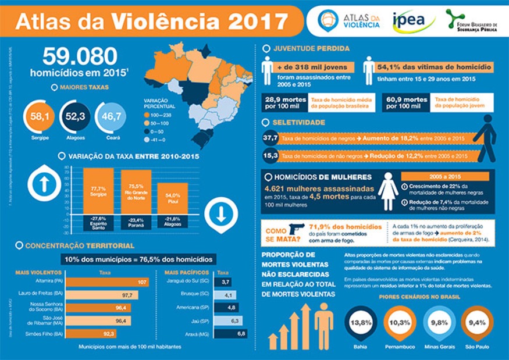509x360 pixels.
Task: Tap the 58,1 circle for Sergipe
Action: click(x=40, y=117)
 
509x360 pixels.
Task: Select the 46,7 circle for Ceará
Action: click(x=110, y=117)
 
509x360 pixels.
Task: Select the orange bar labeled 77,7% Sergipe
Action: click(x=98, y=191)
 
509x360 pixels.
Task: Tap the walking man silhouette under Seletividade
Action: click(x=486, y=138)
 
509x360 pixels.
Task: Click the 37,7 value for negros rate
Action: click(x=270, y=138)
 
